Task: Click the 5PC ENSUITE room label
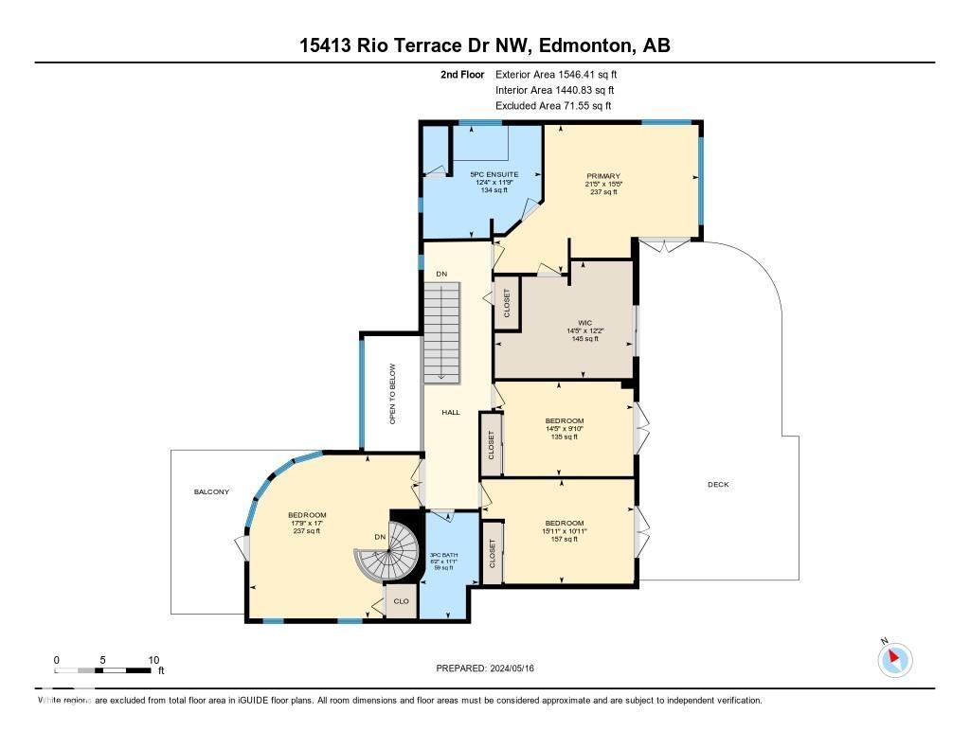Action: [494, 175]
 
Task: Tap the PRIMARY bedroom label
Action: [602, 176]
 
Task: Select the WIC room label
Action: [584, 323]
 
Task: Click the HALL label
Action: [451, 412]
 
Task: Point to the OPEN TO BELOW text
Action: [392, 393]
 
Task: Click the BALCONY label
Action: [211, 491]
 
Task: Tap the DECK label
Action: [718, 485]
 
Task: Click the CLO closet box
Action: [401, 601]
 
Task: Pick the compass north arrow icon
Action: [894, 659]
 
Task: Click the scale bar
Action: [104, 670]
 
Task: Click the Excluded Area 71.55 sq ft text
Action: [553, 106]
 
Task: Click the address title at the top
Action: [485, 45]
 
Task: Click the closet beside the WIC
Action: [507, 304]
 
